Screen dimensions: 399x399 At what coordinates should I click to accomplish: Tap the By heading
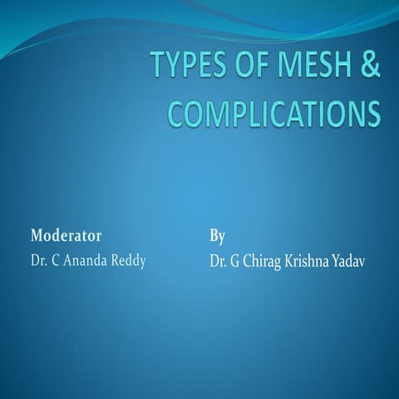(217, 237)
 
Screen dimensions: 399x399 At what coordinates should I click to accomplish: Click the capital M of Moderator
(36, 237)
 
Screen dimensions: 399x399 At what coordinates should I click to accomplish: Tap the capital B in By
(214, 237)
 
